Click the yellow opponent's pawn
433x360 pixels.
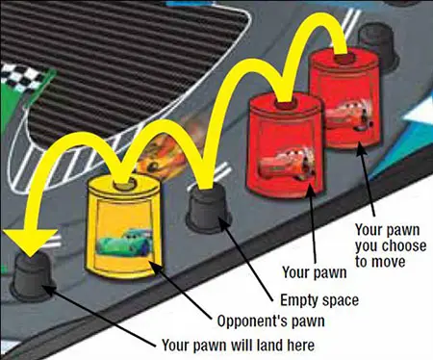point(124,226)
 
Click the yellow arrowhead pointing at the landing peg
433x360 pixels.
point(30,242)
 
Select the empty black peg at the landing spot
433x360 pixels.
point(32,277)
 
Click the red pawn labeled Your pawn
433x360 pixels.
point(285,146)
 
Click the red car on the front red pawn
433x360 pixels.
point(286,164)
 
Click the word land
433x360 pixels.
point(267,345)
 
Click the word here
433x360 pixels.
point(300,346)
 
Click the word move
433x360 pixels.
point(389,263)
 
